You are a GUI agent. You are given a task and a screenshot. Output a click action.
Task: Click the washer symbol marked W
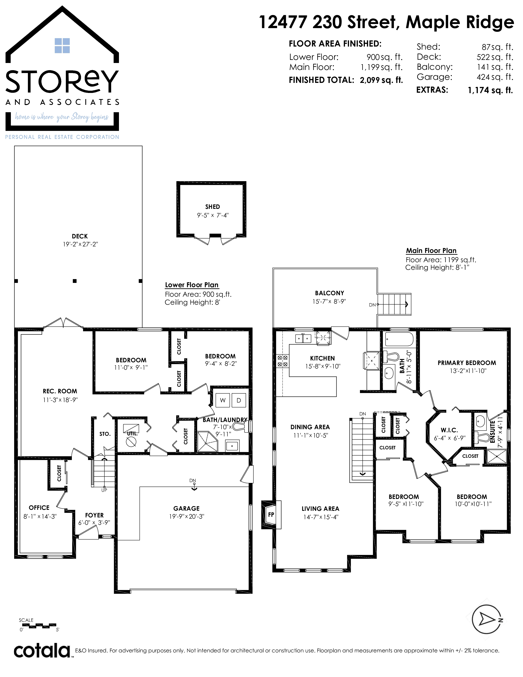pyautogui.click(x=223, y=400)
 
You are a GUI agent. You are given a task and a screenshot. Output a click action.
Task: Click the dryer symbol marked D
pyautogui.click(x=239, y=400)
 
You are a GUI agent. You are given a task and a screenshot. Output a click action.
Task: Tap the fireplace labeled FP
pyautogui.click(x=271, y=515)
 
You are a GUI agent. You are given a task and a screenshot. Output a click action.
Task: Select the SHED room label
pyautogui.click(x=212, y=207)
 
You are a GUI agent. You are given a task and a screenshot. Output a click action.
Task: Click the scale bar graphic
pyautogui.click(x=38, y=625)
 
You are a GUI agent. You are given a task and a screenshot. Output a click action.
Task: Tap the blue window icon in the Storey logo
pyautogui.click(x=62, y=46)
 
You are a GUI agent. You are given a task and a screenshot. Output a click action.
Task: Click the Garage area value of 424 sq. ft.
pyautogui.click(x=495, y=77)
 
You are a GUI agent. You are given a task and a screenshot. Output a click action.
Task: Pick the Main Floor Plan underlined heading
pyautogui.click(x=431, y=250)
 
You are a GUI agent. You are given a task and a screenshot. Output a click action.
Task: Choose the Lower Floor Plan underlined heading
pyautogui.click(x=192, y=285)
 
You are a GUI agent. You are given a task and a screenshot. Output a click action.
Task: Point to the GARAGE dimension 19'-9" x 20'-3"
pyautogui.click(x=186, y=516)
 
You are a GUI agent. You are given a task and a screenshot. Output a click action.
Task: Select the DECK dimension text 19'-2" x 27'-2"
pyautogui.click(x=80, y=244)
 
